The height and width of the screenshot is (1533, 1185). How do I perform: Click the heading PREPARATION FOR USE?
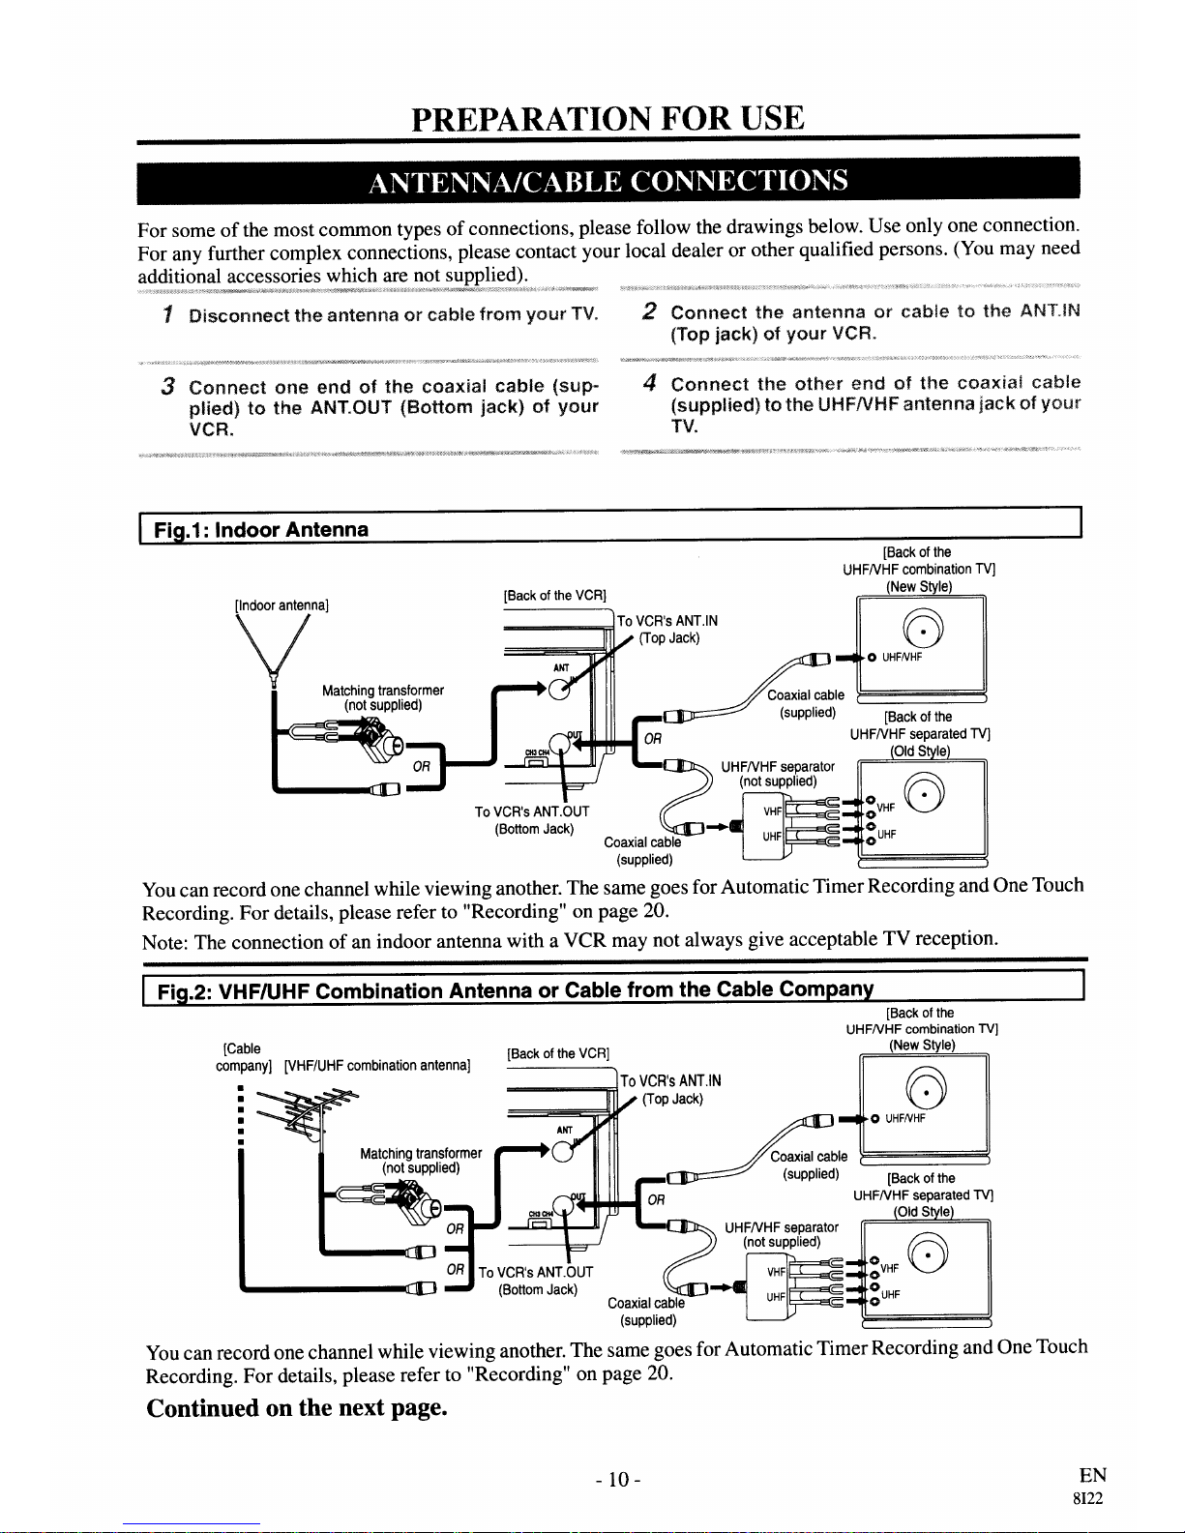(607, 119)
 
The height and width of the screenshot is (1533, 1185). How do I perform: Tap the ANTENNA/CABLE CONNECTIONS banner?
(607, 182)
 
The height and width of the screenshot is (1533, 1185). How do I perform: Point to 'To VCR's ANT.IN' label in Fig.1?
(667, 621)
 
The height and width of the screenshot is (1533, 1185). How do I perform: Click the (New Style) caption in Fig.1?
(919, 586)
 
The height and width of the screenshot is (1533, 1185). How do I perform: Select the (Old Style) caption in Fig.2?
(923, 1212)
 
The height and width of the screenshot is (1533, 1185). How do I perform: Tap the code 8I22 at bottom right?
(1087, 1499)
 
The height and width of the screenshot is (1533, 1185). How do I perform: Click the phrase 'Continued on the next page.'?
(297, 1407)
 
